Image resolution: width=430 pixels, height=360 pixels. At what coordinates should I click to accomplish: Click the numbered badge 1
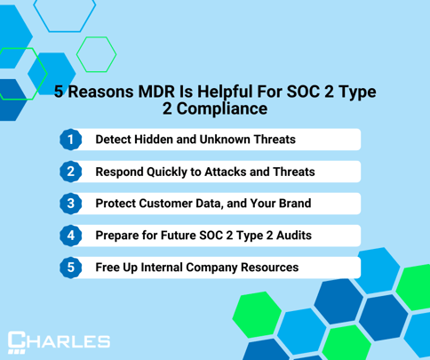click(x=71, y=140)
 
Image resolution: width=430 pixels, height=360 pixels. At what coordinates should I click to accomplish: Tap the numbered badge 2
click(x=71, y=172)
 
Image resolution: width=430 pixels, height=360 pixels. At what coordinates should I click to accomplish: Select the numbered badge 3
click(x=71, y=204)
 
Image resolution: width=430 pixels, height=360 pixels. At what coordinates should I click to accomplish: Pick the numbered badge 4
click(x=71, y=236)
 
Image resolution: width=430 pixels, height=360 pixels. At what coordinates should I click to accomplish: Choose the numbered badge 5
click(x=71, y=268)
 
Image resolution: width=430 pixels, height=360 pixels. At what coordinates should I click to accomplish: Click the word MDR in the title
click(x=156, y=92)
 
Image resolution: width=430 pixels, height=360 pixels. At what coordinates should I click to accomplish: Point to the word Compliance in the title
click(x=222, y=108)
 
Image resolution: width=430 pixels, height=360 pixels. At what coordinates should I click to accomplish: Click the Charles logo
click(x=59, y=342)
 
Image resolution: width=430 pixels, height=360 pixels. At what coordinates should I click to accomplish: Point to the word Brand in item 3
click(x=295, y=204)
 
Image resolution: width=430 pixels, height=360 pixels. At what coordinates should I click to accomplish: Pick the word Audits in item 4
click(x=294, y=236)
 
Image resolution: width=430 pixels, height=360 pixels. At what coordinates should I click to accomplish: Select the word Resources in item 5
click(x=269, y=268)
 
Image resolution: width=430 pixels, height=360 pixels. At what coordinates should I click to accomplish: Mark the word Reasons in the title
click(x=100, y=92)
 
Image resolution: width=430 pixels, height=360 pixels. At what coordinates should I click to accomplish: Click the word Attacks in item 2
click(x=226, y=172)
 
